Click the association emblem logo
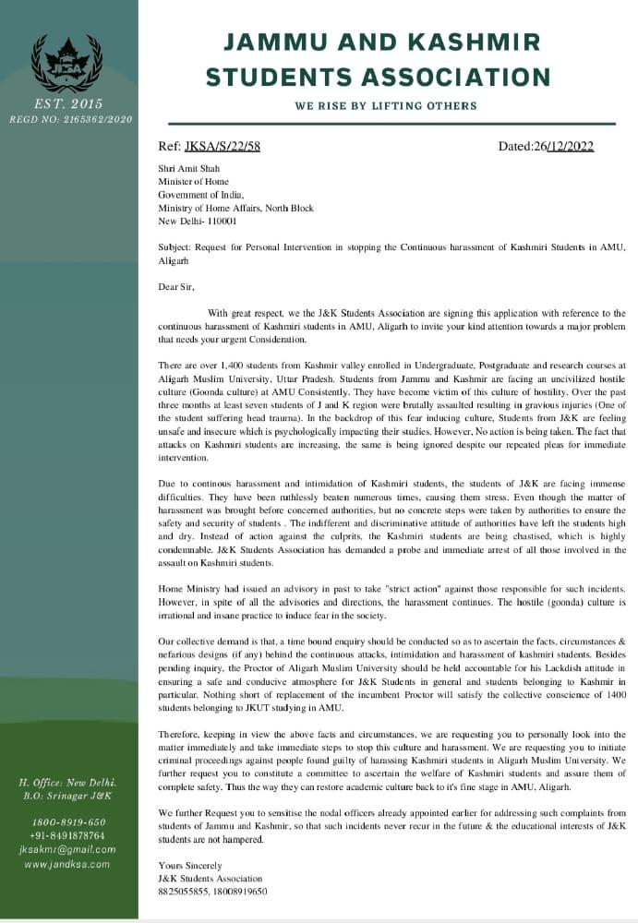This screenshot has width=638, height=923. [x=67, y=63]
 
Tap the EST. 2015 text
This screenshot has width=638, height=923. [x=68, y=102]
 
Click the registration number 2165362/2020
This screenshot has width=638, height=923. [x=96, y=119]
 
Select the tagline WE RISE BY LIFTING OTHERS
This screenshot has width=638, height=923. [x=386, y=106]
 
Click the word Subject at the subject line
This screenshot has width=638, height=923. [x=175, y=247]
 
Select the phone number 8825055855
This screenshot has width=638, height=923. [x=184, y=892]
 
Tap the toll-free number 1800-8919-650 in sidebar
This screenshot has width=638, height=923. [x=68, y=822]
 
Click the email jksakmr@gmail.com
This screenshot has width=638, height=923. [x=68, y=849]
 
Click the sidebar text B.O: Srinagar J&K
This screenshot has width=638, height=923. [x=69, y=795]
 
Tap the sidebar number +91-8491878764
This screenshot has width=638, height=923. [x=68, y=835]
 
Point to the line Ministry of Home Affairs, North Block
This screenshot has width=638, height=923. [x=235, y=209]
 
